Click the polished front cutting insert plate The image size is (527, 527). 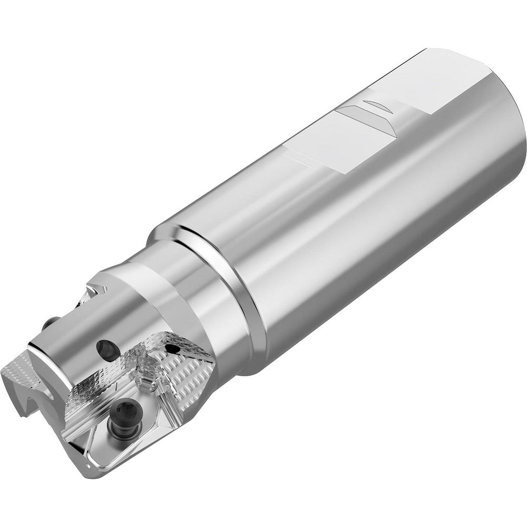pos(121,427)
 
